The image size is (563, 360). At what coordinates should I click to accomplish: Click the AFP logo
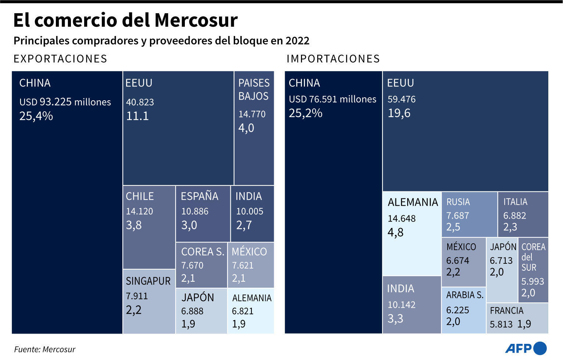pyautogui.click(x=526, y=348)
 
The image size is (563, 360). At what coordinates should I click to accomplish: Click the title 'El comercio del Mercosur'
pyautogui.click(x=125, y=20)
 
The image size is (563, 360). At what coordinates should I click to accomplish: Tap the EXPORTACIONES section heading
pyautogui.click(x=60, y=59)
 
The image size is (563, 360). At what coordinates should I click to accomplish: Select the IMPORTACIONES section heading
pyautogui.click(x=333, y=59)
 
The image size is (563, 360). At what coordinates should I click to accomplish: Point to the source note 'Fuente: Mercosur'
pyautogui.click(x=44, y=349)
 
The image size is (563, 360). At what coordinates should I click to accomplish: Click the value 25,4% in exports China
pyautogui.click(x=36, y=116)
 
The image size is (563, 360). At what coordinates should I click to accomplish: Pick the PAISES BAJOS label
pyautogui.click(x=254, y=90)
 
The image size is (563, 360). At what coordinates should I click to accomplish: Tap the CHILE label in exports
pyautogui.click(x=140, y=196)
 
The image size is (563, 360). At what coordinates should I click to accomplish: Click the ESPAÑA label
pyautogui.click(x=199, y=196)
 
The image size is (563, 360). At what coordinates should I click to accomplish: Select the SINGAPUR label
pyautogui.click(x=148, y=281)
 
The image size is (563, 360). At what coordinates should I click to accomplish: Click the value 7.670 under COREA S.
pyautogui.click(x=192, y=265)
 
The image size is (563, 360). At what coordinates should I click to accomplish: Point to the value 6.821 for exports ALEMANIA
pyautogui.click(x=243, y=311)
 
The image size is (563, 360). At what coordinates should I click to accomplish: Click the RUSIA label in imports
pyautogui.click(x=458, y=202)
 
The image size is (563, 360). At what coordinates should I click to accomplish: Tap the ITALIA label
pyautogui.click(x=515, y=202)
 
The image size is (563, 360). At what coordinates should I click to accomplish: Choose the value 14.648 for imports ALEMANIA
pyautogui.click(x=401, y=219)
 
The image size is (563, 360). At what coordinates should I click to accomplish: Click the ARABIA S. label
pyautogui.click(x=465, y=295)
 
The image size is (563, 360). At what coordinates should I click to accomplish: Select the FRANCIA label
pyautogui.click(x=506, y=311)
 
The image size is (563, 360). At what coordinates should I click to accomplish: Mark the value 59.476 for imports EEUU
pyautogui.click(x=401, y=99)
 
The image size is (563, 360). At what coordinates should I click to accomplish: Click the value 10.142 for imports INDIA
pyautogui.click(x=401, y=305)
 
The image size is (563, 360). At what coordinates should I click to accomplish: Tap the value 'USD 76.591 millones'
pyautogui.click(x=332, y=99)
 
